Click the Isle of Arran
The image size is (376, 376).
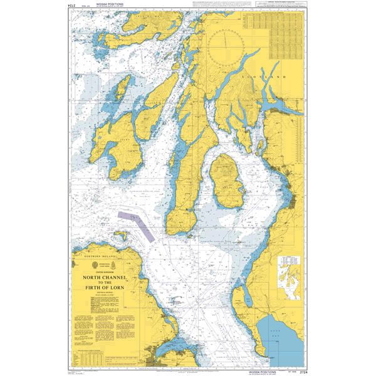[225, 181]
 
